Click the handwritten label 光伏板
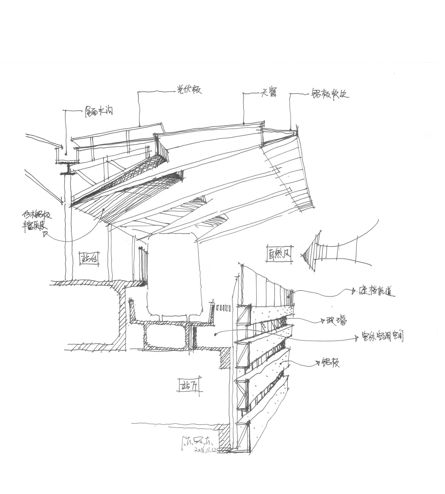tap(188, 90)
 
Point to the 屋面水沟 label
tap(99, 112)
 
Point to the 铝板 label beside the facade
tap(331, 363)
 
